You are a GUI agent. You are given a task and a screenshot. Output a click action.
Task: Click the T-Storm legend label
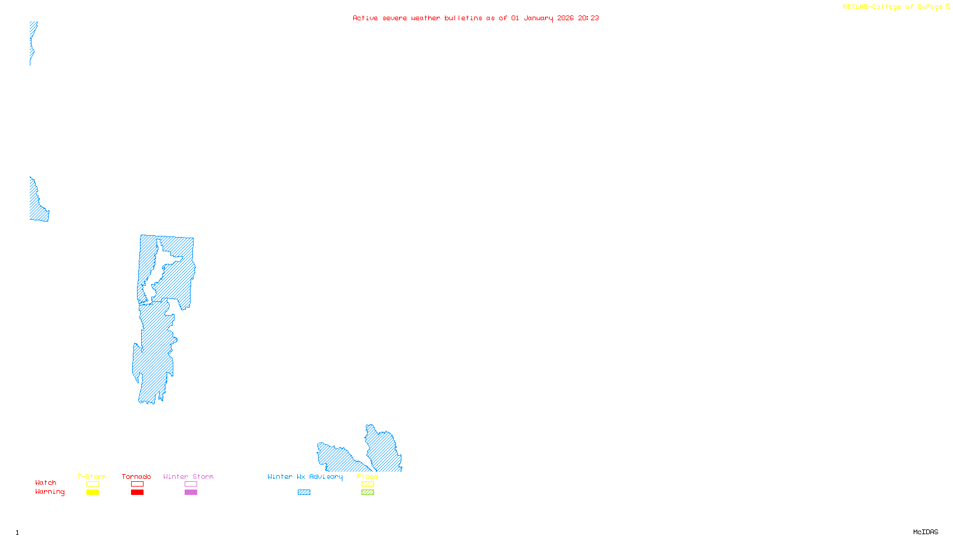92,476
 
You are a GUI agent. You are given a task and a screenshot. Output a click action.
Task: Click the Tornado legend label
136,476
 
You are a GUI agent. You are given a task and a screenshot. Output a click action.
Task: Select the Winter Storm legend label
188,476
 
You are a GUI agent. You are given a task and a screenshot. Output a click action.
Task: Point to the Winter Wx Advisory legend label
305,476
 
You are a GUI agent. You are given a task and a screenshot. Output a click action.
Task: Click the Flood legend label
368,476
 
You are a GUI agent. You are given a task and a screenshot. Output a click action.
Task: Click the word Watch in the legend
46,482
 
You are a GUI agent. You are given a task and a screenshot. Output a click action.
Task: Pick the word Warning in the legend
50,492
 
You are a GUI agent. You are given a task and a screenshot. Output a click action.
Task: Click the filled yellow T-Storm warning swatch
92,493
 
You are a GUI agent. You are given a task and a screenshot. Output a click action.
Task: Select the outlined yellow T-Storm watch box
92,484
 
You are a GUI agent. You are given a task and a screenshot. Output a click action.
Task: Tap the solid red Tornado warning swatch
138,493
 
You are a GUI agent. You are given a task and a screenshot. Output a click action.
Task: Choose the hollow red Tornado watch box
138,484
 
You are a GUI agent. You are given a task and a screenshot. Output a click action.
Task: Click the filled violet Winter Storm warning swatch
191,493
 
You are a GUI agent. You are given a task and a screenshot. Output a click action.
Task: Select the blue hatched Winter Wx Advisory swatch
304,493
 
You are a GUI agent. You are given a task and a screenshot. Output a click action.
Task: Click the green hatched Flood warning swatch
368,493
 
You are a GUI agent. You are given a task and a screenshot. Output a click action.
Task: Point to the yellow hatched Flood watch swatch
368,484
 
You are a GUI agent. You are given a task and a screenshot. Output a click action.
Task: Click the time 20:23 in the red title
588,18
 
